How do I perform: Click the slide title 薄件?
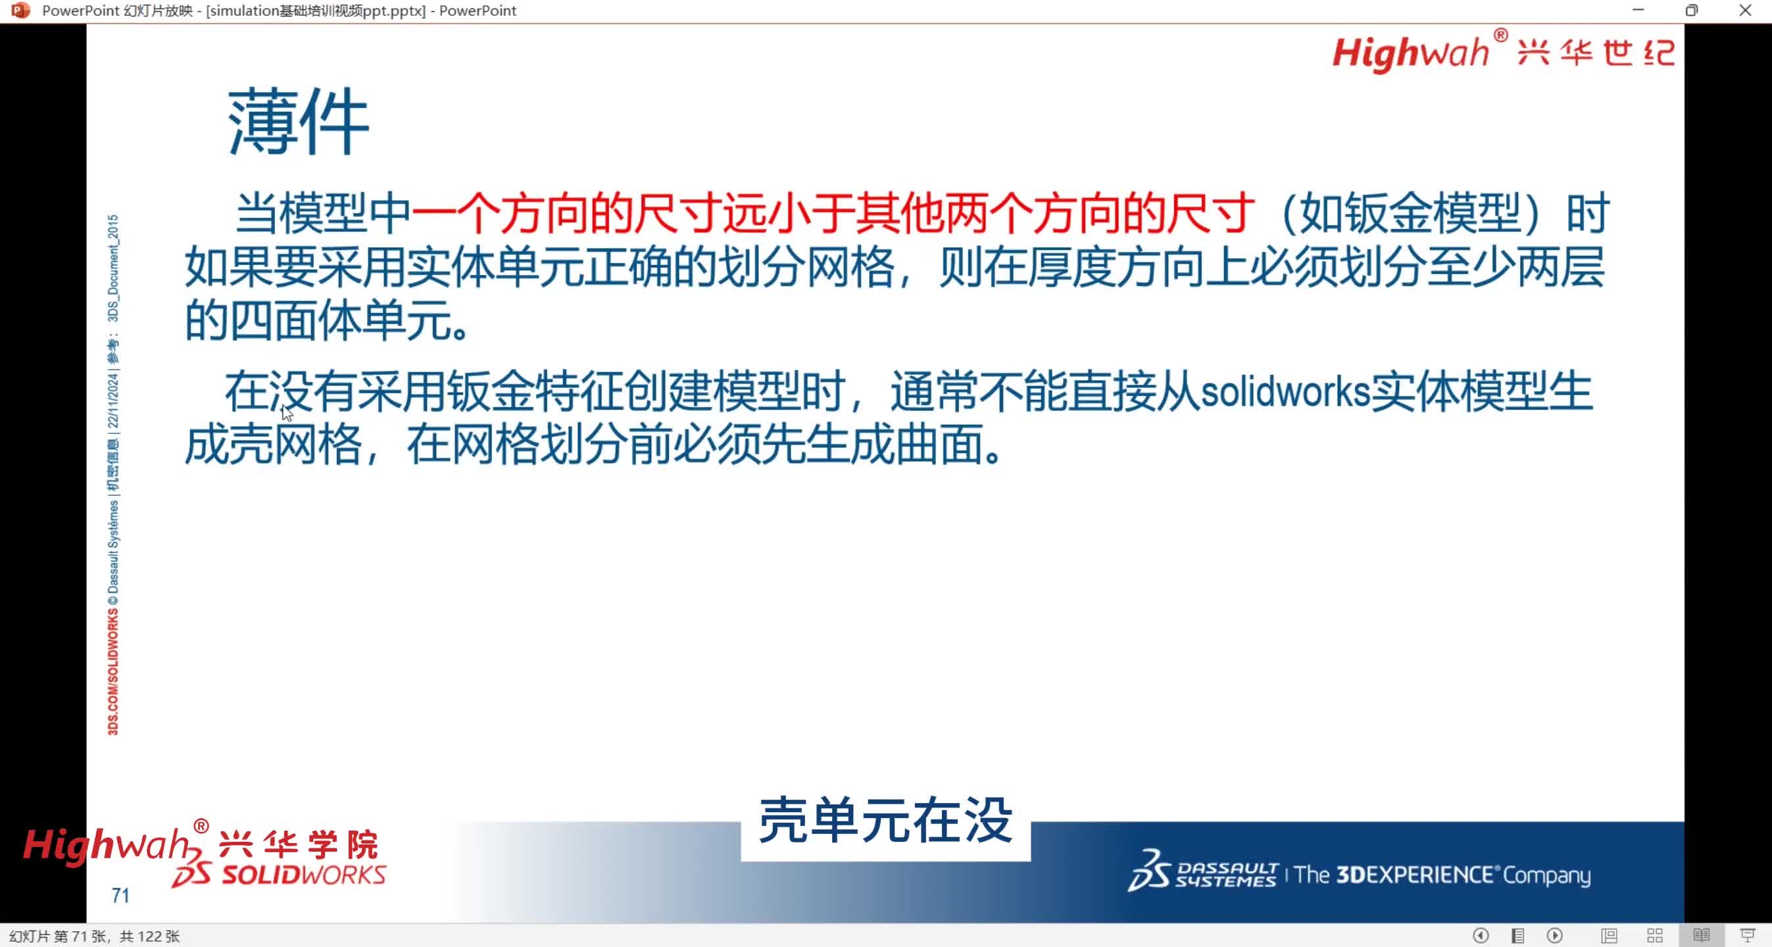coord(299,122)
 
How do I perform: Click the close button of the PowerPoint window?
coord(1745,11)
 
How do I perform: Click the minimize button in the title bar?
coord(1638,11)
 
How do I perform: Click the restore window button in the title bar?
coord(1692,11)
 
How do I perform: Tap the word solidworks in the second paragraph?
coord(1285,392)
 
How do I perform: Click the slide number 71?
coord(120,896)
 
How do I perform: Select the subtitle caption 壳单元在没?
coord(885,821)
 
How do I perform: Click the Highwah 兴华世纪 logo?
coord(1503,51)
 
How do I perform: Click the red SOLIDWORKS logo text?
coord(303,875)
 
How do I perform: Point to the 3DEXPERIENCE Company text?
coord(1442,875)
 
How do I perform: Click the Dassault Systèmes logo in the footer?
coord(1202,871)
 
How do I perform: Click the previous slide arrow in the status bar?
coord(1481,936)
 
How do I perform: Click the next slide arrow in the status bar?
coord(1555,936)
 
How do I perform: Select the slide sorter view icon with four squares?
coord(1655,936)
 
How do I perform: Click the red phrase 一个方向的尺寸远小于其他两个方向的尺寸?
coord(832,213)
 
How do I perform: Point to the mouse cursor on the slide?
coord(287,412)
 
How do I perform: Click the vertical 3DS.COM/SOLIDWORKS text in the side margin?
coord(113,671)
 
